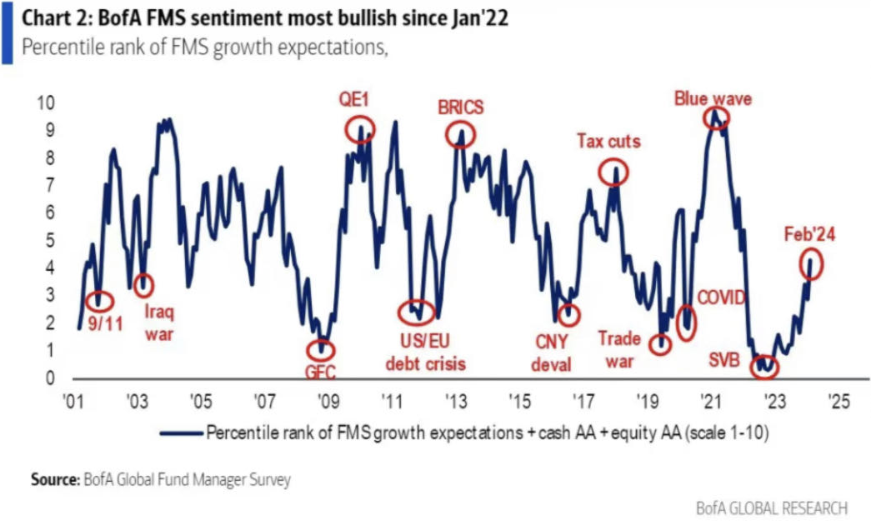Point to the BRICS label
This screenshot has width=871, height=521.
pos(460,108)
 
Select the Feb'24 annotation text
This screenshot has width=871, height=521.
pos(809,235)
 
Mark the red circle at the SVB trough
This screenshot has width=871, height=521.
pos(763,366)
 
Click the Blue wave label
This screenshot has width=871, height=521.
pos(713,98)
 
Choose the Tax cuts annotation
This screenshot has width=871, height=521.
pos(608,141)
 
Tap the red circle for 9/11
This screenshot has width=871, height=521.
pos(98,301)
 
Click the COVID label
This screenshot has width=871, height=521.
pos(721,298)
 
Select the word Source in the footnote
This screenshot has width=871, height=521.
pos(55,479)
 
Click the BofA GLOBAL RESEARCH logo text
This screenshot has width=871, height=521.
pos(772,507)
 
